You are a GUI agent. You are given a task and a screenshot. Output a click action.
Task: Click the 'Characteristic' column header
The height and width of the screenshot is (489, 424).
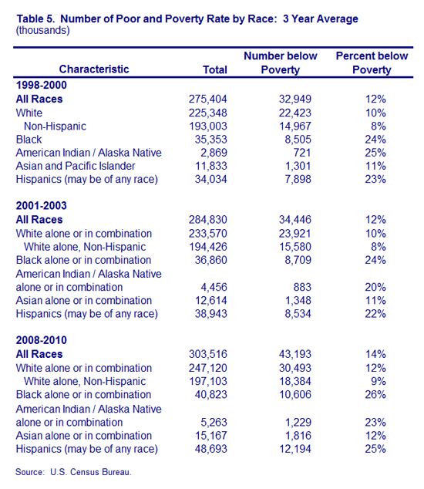click(x=94, y=69)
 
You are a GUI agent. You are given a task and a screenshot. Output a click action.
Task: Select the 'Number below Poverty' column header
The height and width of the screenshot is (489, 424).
click(x=281, y=62)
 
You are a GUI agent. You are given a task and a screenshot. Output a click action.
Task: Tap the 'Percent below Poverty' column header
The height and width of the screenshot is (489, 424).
click(x=372, y=62)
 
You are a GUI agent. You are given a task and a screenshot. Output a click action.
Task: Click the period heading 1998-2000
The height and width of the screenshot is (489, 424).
click(x=41, y=85)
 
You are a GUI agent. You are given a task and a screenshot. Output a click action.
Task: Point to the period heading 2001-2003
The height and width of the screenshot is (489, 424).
click(x=41, y=206)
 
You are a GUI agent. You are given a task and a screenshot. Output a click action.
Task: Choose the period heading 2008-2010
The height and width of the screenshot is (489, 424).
click(x=41, y=340)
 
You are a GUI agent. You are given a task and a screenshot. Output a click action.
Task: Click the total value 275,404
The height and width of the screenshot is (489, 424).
click(x=207, y=99)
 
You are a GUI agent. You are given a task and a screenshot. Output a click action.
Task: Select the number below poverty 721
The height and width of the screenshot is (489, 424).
click(x=301, y=153)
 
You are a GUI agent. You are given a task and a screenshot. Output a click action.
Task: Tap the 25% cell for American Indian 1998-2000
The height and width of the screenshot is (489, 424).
click(x=375, y=153)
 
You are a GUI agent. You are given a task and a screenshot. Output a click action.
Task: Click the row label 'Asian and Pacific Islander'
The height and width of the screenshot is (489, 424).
click(x=76, y=166)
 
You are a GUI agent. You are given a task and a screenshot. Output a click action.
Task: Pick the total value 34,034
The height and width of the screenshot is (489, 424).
click(x=210, y=179)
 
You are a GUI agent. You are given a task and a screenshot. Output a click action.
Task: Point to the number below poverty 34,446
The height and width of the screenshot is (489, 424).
click(x=295, y=220)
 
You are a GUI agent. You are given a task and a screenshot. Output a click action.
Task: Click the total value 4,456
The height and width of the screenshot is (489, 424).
click(x=214, y=287)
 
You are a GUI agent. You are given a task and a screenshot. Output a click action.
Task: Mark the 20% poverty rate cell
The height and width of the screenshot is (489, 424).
click(x=375, y=287)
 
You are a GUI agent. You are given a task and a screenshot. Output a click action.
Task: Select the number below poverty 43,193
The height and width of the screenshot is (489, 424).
click(x=295, y=354)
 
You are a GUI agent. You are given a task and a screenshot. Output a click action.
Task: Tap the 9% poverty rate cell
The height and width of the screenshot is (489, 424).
click(x=379, y=382)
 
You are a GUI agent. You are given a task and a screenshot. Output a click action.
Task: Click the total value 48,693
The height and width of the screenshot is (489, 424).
click(x=210, y=449)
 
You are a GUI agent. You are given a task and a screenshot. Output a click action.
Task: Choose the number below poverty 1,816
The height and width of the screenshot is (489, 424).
click(x=298, y=436)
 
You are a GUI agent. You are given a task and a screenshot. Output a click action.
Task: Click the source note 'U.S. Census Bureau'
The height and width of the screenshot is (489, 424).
click(x=91, y=472)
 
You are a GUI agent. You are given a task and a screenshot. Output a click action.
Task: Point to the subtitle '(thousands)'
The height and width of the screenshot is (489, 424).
click(x=42, y=31)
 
